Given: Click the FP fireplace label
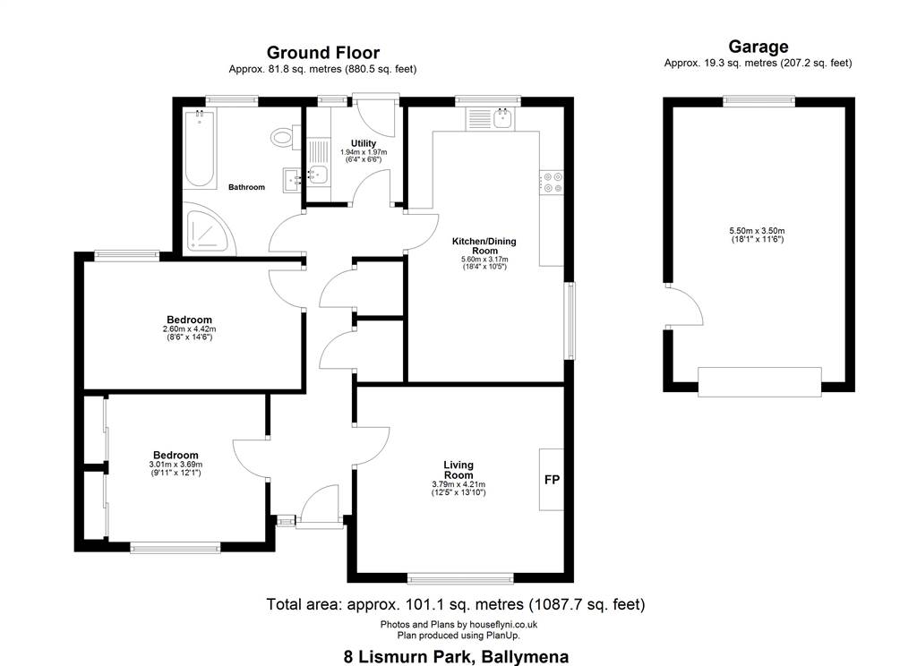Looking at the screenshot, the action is (x=552, y=480).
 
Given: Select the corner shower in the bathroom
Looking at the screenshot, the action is (x=210, y=228).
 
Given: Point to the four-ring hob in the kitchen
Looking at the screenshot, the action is (x=552, y=182).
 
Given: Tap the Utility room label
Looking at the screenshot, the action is (x=364, y=143).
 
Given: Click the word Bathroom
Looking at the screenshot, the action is (x=246, y=187).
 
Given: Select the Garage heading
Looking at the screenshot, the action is (x=758, y=47).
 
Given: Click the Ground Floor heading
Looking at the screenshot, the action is (x=322, y=53).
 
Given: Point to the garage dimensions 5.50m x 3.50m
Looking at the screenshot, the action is (x=757, y=231).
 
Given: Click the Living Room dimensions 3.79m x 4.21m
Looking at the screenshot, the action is (x=458, y=485).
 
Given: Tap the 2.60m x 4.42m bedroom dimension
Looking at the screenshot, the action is (x=189, y=329).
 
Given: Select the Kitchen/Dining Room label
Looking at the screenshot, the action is (x=484, y=245).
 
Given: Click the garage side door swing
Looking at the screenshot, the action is (x=684, y=304).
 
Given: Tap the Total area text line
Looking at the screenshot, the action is (x=456, y=604).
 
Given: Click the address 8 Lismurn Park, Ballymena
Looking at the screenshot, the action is (x=456, y=657).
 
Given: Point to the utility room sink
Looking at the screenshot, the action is (x=318, y=174).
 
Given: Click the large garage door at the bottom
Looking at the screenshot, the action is (x=759, y=382).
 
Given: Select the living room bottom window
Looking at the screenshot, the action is (x=460, y=578).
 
